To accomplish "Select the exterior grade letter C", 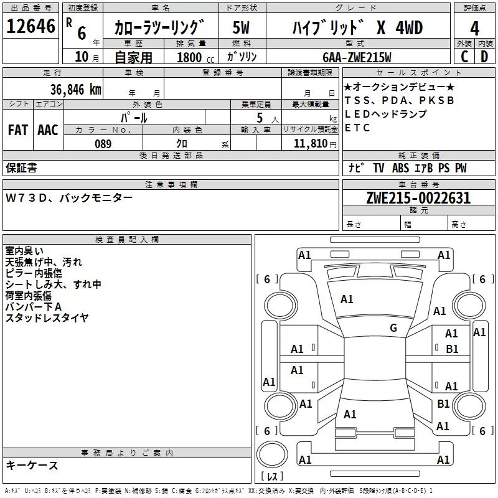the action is tap(464, 56).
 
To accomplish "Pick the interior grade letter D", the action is tap(485, 56).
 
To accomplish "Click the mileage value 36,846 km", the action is tap(76, 89).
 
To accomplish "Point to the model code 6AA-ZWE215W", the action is tap(357, 57).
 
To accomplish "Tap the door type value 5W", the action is tap(242, 28).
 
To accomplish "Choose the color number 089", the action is tap(103, 144).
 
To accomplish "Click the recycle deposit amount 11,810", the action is tap(309, 144).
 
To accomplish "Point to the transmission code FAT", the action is tap(17, 130).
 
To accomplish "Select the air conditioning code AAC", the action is tap(47, 130).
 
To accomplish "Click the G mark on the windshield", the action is tap(393, 327).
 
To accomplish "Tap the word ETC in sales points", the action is tap(357, 128).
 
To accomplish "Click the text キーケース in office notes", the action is tap(32, 466).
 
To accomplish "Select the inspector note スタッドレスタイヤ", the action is tap(47, 318).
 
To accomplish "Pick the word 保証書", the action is tap(21, 167).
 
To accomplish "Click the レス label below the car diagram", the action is tap(272, 476).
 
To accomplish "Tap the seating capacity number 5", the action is tap(258, 118).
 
